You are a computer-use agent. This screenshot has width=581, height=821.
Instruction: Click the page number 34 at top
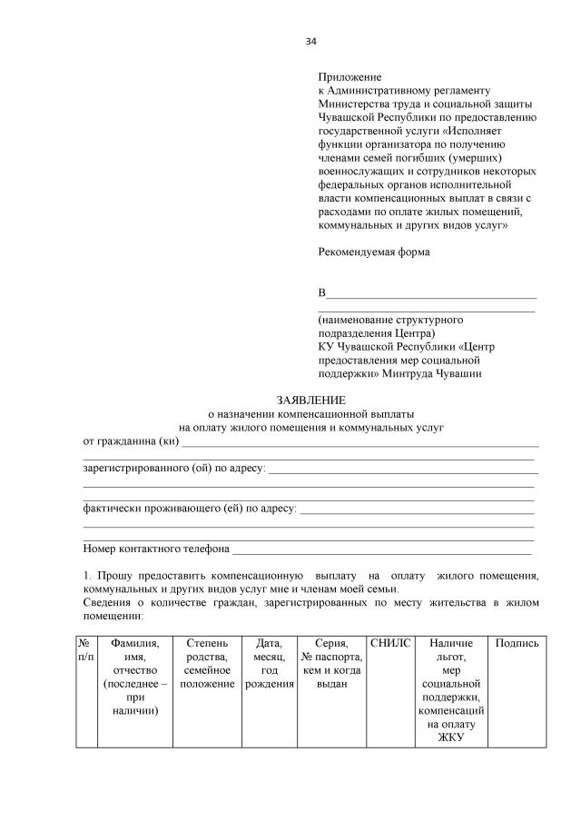coord(311,42)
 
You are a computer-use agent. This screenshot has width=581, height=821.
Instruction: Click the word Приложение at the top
coord(350,77)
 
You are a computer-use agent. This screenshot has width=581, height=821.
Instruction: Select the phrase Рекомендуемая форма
coord(373,252)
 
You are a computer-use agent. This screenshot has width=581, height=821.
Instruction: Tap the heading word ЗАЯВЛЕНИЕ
coord(310,400)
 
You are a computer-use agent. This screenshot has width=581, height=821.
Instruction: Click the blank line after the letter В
coord(431,293)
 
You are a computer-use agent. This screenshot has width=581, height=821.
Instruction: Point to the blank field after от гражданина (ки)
coord(359,442)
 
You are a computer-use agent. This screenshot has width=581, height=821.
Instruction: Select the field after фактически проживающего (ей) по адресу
coord(417,509)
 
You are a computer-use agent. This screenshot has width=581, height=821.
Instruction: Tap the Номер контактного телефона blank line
coord(381,549)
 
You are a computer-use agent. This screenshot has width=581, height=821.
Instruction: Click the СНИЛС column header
coord(391,643)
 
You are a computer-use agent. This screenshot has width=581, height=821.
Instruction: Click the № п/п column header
coord(86,649)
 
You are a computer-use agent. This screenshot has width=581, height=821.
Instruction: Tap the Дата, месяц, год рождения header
coord(270,662)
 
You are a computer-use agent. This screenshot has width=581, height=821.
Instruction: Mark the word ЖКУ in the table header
coord(451,737)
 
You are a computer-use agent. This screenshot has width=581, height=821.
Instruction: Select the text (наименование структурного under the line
coord(390,320)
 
